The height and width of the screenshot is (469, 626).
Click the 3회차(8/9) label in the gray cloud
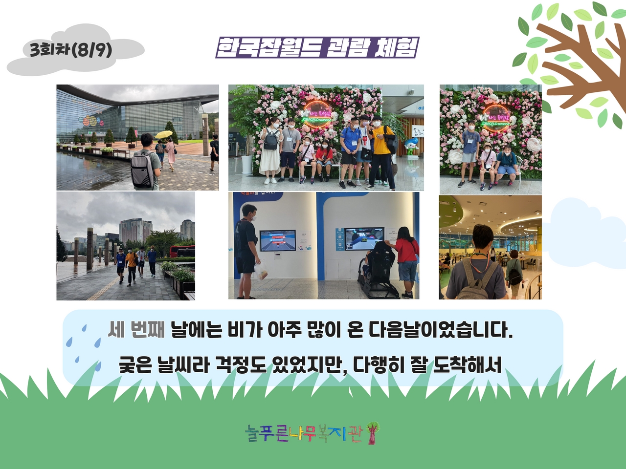(x=71, y=50)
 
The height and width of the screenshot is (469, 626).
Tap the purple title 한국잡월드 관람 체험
(x=317, y=47)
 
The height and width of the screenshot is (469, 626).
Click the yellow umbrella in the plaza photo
(x=164, y=134)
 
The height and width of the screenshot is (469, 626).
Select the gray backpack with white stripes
(x=143, y=169)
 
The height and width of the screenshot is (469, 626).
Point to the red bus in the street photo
(x=182, y=251)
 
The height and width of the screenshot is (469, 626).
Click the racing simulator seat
(x=380, y=271)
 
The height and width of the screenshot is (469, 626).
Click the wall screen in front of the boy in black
(x=277, y=241)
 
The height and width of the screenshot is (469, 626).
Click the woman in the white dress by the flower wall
(x=270, y=150)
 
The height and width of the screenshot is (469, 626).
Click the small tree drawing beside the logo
(x=373, y=433)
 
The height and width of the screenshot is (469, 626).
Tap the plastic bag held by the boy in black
(x=261, y=271)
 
